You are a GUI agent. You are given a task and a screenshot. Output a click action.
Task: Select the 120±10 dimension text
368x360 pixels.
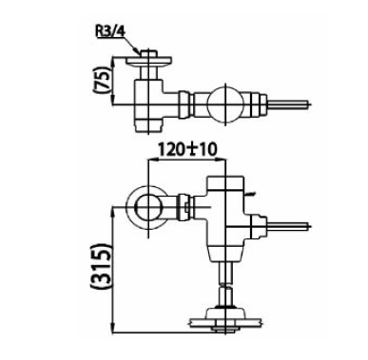coord(187,149)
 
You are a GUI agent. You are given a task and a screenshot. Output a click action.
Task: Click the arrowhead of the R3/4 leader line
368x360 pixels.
coord(137,50)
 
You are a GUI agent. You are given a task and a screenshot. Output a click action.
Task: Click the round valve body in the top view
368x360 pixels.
coord(225,104)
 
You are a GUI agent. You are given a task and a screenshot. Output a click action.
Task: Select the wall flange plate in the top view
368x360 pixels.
coord(148,61)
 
